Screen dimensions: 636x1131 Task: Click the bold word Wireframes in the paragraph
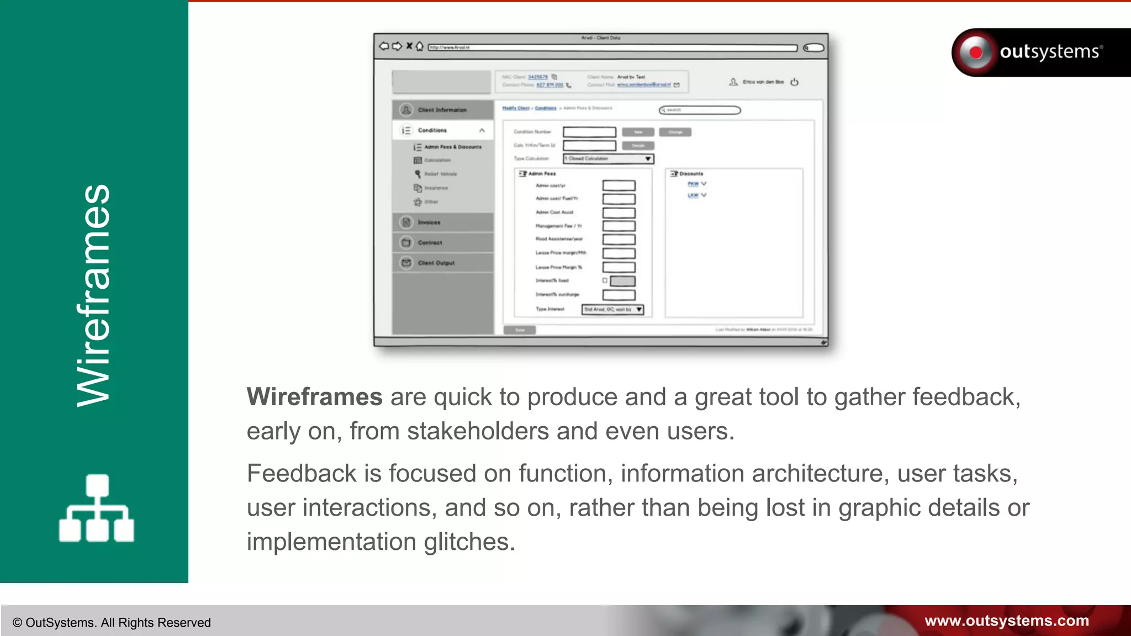click(x=314, y=397)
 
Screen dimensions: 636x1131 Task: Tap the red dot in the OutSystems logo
click(x=976, y=52)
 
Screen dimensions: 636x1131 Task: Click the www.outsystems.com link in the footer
click(x=1006, y=621)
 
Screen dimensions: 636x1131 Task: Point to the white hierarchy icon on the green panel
click(x=97, y=508)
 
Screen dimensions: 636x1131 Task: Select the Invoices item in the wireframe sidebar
click(x=429, y=222)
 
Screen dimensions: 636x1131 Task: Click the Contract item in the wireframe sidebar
click(x=430, y=243)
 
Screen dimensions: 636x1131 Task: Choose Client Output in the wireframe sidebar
click(x=436, y=263)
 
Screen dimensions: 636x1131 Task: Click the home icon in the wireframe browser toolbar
click(x=420, y=46)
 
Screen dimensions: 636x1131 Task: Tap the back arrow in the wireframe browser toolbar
click(x=384, y=46)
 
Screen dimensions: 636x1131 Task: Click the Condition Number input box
click(x=589, y=132)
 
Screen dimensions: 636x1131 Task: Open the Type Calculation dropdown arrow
click(x=648, y=159)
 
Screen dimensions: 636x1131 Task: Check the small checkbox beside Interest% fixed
click(x=605, y=280)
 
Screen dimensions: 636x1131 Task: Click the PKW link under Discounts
click(x=693, y=184)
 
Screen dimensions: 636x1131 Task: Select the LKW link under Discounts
click(x=693, y=195)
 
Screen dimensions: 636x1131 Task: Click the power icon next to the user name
click(x=794, y=82)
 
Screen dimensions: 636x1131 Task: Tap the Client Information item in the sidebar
click(x=442, y=110)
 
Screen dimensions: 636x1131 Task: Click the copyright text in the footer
click(x=112, y=623)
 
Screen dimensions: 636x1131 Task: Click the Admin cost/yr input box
click(x=619, y=185)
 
